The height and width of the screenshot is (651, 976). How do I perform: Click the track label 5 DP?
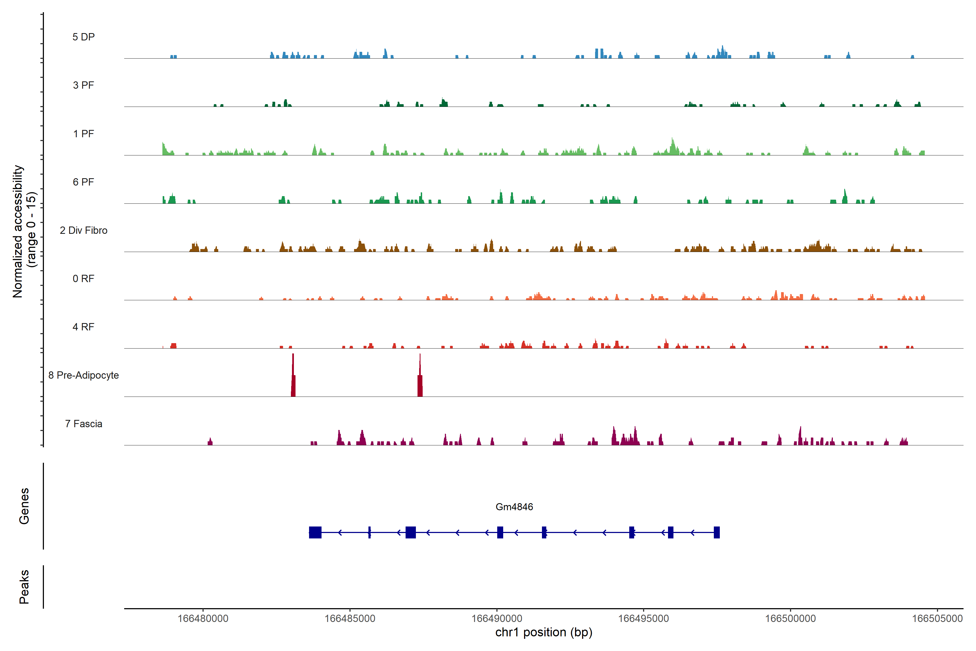[x=84, y=37]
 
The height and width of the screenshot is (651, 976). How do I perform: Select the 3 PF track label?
[x=84, y=85]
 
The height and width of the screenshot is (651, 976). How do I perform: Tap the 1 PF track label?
[x=84, y=134]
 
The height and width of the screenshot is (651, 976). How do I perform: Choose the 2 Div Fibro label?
[x=84, y=230]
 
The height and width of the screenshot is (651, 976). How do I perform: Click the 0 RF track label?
[x=84, y=279]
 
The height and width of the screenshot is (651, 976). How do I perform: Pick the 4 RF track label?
[x=84, y=327]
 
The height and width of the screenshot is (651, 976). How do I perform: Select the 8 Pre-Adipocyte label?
[x=84, y=375]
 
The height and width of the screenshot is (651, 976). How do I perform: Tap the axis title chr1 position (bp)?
[x=544, y=632]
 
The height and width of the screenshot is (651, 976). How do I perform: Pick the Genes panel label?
[x=24, y=506]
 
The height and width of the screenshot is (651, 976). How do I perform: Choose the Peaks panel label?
[x=24, y=587]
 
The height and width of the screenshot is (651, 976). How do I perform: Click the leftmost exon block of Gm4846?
[x=315, y=532]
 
